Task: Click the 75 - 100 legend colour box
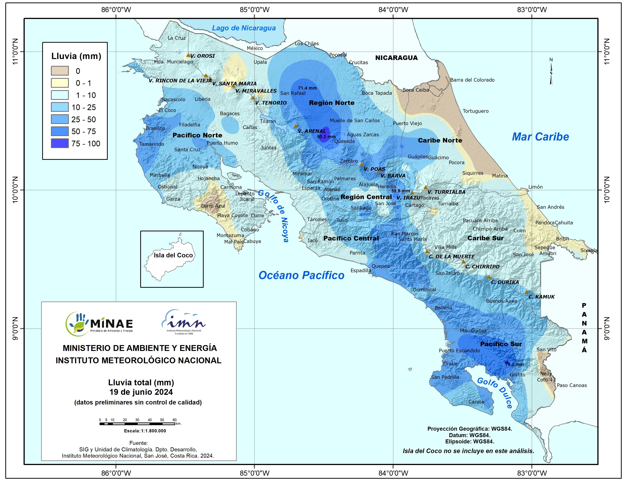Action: tap(60, 143)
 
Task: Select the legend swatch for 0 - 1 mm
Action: tap(60, 83)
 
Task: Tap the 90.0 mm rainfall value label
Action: tap(326, 137)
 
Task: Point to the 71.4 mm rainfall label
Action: tap(307, 88)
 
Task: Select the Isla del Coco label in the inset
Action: tap(173, 255)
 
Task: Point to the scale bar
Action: tap(137, 423)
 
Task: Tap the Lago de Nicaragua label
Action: tap(244, 28)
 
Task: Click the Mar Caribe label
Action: tap(540, 137)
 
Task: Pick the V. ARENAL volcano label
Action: tap(312, 131)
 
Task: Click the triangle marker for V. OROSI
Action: tap(188, 55)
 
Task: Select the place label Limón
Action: tap(535, 187)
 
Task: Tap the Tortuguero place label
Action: tap(475, 111)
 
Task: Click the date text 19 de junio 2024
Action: tap(141, 392)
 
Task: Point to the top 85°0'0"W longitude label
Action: tap(254, 10)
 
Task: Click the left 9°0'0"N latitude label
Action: tap(15, 329)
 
